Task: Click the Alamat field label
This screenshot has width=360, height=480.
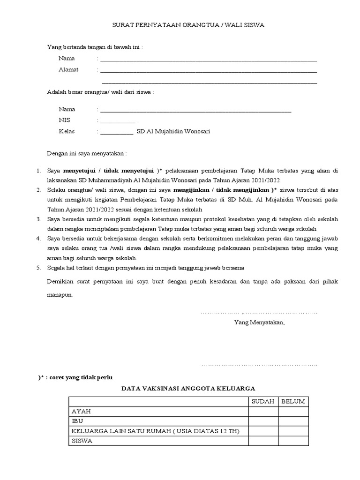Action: [68, 70]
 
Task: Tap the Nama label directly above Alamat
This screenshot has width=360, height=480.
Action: [67, 59]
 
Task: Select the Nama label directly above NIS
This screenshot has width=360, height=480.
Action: [67, 109]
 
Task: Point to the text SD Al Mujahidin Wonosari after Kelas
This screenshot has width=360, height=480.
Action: [173, 132]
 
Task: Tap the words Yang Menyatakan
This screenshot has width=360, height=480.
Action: [259, 322]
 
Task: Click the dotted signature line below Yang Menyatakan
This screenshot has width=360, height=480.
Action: [259, 364]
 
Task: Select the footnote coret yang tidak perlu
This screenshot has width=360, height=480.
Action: [75, 377]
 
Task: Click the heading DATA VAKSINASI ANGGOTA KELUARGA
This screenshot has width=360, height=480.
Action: [188, 389]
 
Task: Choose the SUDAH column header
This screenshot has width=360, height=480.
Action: [263, 401]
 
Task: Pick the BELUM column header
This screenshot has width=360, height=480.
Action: [293, 401]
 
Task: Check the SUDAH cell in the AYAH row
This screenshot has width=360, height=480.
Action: [263, 412]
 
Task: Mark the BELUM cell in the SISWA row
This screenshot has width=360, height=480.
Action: [293, 441]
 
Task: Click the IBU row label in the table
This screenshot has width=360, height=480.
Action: [77, 421]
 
